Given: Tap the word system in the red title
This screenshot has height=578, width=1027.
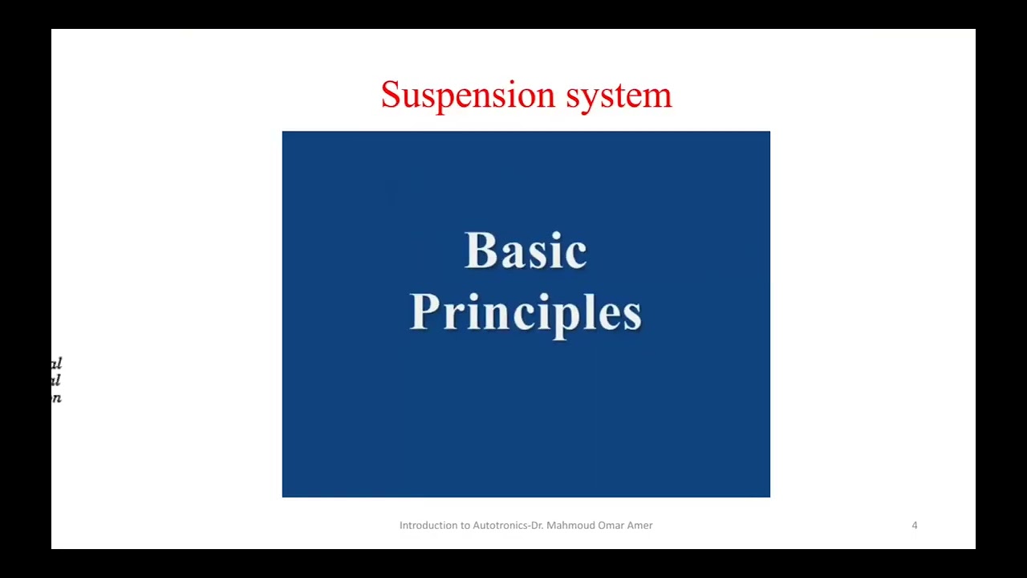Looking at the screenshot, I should click(x=619, y=96).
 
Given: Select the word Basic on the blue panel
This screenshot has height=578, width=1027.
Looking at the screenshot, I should click(x=526, y=251).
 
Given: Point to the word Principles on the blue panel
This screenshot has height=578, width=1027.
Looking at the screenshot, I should click(x=526, y=312).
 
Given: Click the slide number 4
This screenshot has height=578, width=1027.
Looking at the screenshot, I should click(x=914, y=525).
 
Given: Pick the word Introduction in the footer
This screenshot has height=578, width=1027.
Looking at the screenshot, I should click(x=428, y=525).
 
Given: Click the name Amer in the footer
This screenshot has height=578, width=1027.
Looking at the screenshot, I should click(x=640, y=525).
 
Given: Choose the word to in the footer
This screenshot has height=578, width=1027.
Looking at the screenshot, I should click(x=465, y=525).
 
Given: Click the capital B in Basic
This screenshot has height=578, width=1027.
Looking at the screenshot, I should click(x=479, y=251).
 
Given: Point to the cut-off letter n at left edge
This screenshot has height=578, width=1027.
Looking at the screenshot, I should click(x=56, y=397).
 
